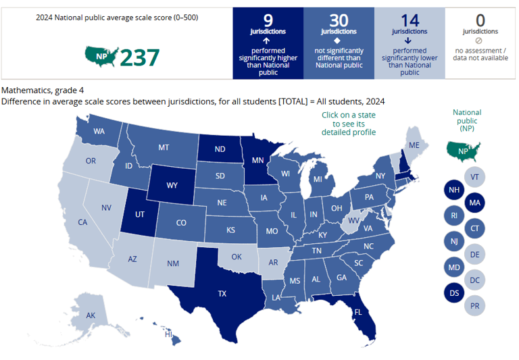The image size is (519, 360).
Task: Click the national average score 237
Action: (140, 57)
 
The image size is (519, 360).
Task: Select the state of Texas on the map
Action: (221, 293)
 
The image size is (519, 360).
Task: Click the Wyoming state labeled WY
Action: (172, 184)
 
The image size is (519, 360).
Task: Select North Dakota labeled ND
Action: (220, 149)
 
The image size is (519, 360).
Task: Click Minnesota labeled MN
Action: (257, 161)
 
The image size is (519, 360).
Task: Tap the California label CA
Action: (83, 222)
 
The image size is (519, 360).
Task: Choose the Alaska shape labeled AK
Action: (91, 315)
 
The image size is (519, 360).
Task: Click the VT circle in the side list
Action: (475, 177)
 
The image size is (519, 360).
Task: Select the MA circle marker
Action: (475, 203)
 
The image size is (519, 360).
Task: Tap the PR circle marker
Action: (475, 305)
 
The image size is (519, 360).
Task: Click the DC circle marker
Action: (475, 280)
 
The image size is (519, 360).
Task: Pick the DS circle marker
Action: (454, 292)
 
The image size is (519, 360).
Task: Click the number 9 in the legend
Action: (268, 20)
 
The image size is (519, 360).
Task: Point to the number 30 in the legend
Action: (339, 20)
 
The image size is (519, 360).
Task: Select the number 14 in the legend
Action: (410, 20)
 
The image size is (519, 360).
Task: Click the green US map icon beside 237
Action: (101, 57)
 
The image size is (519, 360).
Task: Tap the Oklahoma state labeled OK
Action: (236, 257)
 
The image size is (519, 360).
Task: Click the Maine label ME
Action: (414, 145)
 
